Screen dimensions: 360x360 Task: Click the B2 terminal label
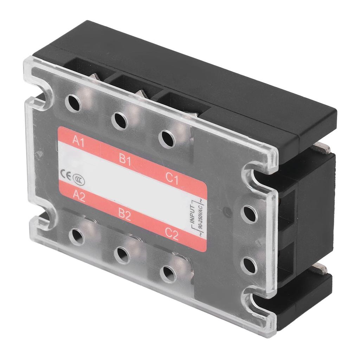[124, 215]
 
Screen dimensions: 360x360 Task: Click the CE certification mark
[66, 174]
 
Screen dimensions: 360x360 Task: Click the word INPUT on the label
[193, 212]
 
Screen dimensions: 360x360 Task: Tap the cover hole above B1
[120, 121]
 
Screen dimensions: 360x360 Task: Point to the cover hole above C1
[167, 139]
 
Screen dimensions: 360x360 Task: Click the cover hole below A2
[77, 236]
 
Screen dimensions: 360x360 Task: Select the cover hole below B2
[122, 255]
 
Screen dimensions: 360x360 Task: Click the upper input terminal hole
[249, 214]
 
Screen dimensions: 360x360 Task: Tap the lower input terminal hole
[249, 265]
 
